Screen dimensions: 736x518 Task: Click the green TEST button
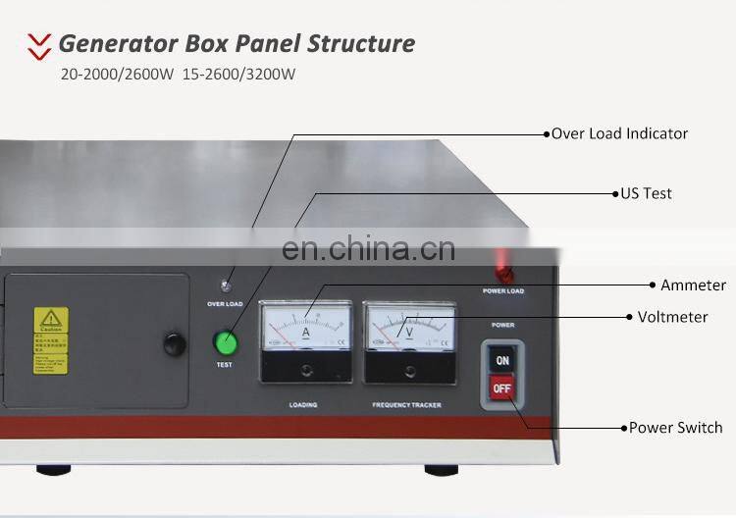[228, 343]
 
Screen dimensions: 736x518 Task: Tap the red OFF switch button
[502, 389]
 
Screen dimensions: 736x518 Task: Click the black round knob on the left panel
[174, 343]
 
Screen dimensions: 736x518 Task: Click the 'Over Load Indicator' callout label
[619, 133]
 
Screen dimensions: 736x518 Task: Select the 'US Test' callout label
[646, 193]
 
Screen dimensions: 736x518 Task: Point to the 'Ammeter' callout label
[693, 285]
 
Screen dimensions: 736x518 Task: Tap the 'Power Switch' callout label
[675, 428]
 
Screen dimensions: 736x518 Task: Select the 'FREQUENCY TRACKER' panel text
[407, 404]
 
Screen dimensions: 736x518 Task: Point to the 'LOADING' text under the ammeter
[303, 404]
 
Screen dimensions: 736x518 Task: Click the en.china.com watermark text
[368, 249]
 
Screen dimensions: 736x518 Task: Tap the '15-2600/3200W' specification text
[238, 74]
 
